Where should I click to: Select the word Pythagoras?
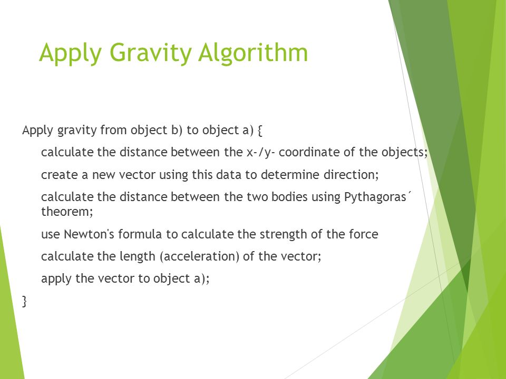[375, 198]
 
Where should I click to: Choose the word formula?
[132, 234]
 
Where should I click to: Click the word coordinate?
[319, 153]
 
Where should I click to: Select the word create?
[57, 175]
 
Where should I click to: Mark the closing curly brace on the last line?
[24, 302]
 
